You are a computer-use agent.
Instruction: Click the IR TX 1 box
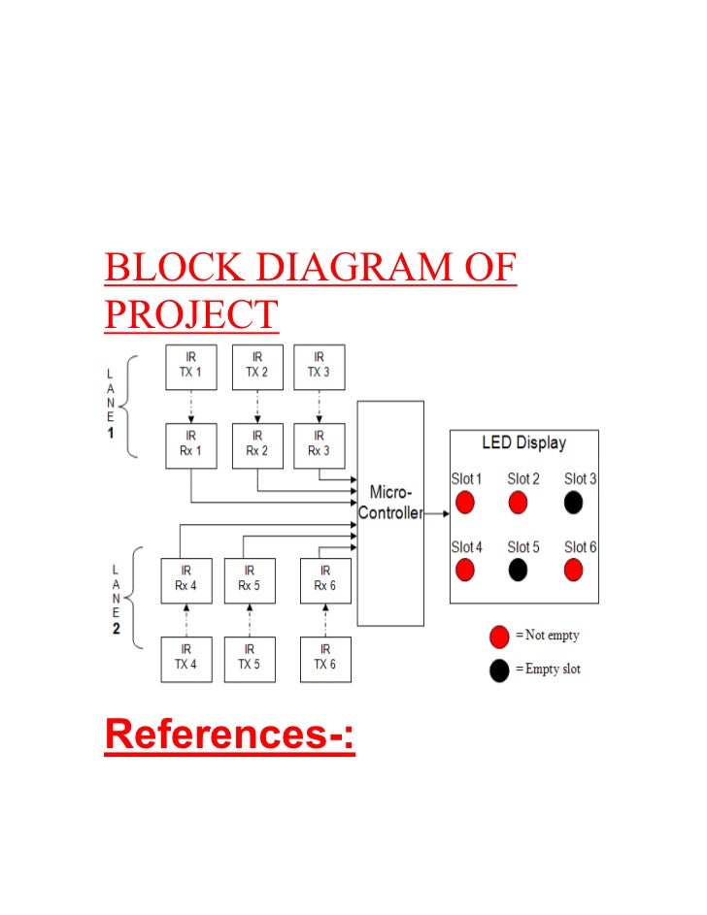click(x=190, y=366)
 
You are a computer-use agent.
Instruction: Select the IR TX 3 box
click(x=319, y=366)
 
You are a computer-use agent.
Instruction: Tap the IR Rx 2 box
click(x=257, y=444)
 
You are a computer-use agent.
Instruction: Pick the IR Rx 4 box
click(x=185, y=579)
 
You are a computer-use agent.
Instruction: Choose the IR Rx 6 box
click(x=324, y=579)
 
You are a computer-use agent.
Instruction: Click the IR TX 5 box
click(x=250, y=659)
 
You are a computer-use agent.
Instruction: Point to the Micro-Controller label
click(x=390, y=504)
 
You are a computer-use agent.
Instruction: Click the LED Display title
click(x=523, y=443)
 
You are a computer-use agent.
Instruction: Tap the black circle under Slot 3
click(x=574, y=503)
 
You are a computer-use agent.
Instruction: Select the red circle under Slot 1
click(x=465, y=503)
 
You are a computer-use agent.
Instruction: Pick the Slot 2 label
click(x=522, y=479)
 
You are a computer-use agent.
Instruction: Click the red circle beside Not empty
click(x=499, y=637)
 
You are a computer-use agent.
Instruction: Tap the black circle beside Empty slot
click(x=499, y=670)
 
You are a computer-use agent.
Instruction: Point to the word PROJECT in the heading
click(x=191, y=313)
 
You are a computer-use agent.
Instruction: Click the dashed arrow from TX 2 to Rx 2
click(x=257, y=406)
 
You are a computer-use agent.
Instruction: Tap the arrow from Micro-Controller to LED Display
click(x=436, y=511)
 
